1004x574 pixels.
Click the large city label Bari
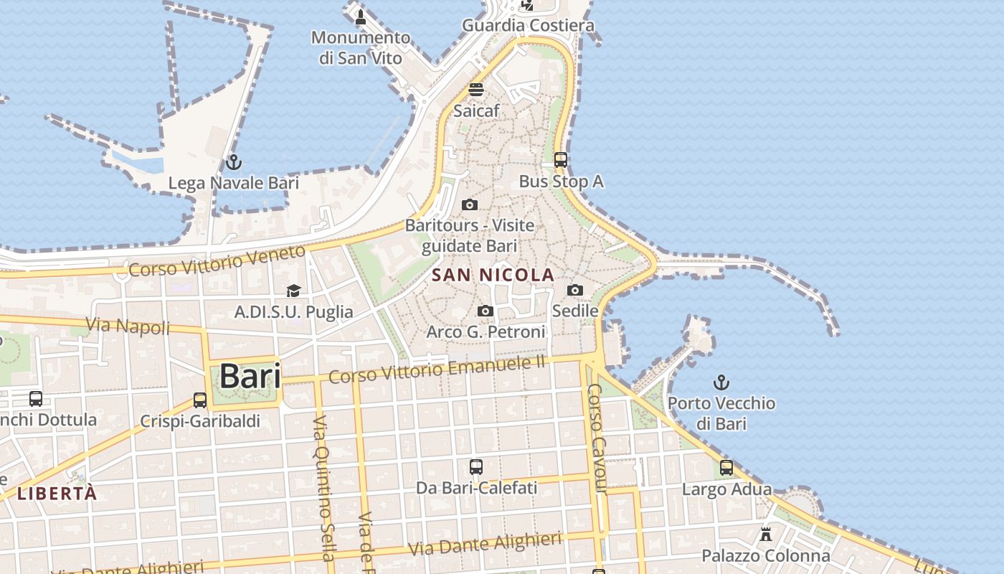(x=250, y=376)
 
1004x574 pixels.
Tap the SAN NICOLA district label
(x=493, y=275)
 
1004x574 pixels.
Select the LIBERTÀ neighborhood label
(x=57, y=494)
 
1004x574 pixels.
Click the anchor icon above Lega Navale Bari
(x=233, y=162)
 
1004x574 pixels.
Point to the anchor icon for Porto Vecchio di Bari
(x=721, y=382)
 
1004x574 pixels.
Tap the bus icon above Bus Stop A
(x=561, y=160)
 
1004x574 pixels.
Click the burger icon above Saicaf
(x=476, y=90)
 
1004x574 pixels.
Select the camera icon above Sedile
(x=575, y=291)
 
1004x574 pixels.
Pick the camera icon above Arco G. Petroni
(x=486, y=311)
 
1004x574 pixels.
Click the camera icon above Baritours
(x=470, y=205)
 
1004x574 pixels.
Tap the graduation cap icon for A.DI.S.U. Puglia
(x=293, y=291)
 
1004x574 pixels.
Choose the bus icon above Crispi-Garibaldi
(x=200, y=400)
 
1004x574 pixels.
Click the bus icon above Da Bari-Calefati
(x=476, y=467)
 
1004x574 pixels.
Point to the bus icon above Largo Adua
(x=726, y=469)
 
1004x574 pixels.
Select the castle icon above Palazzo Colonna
(x=766, y=535)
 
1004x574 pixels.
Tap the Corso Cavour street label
(x=597, y=438)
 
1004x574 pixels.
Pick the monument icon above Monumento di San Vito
(x=361, y=17)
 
